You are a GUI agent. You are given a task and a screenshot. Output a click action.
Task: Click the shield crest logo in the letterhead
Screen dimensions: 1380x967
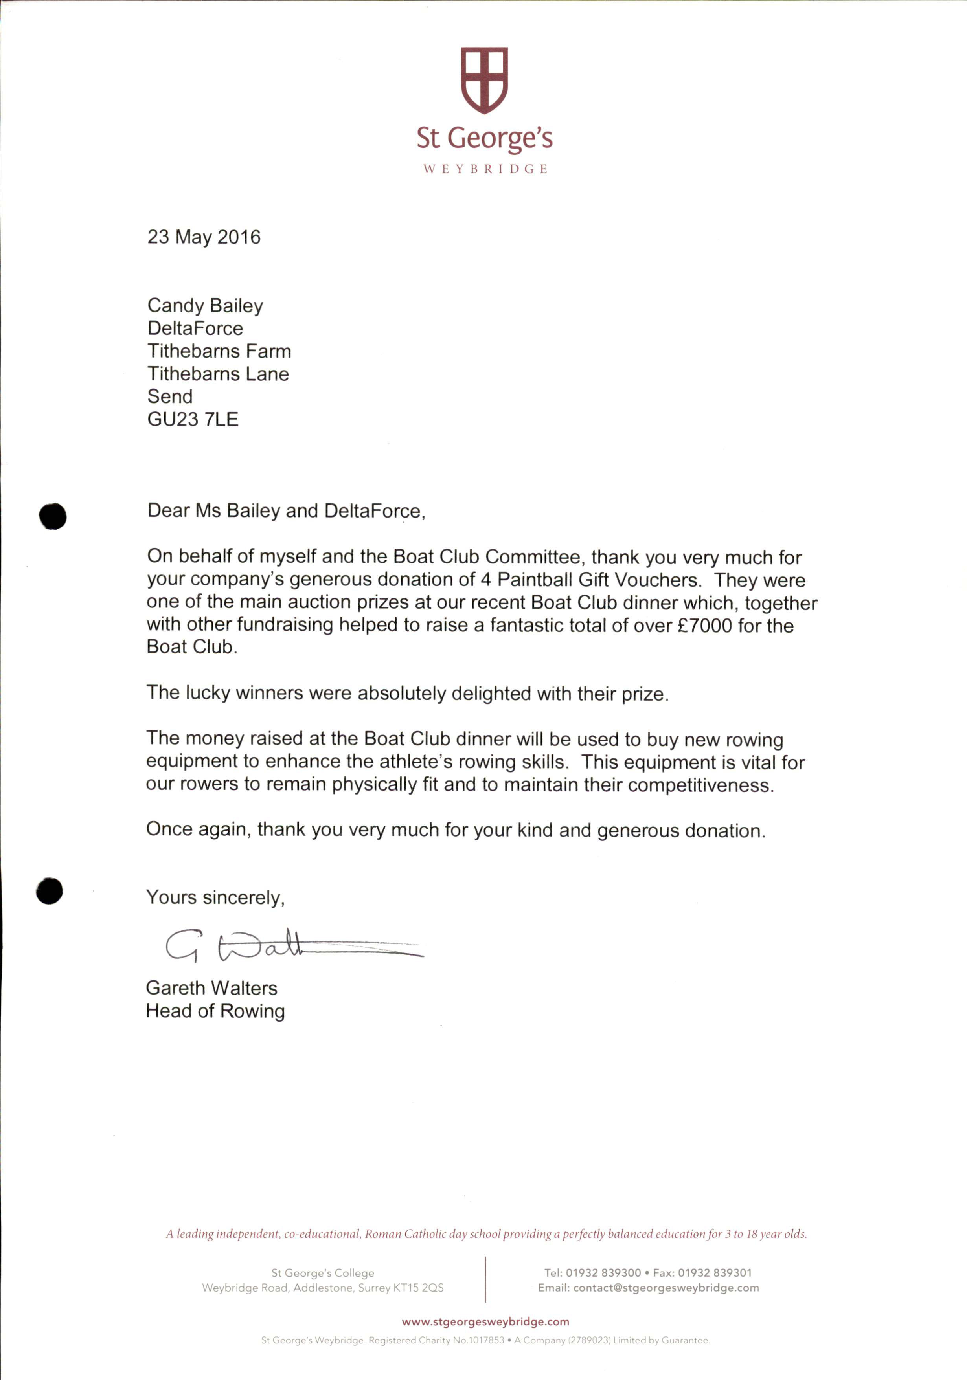tap(484, 80)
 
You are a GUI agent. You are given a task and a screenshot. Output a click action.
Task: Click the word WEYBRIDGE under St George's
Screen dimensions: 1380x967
tap(485, 169)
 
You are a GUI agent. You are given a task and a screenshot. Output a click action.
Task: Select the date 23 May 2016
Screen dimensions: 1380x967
tap(204, 237)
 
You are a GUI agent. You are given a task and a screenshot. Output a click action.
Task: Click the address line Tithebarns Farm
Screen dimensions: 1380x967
tap(219, 351)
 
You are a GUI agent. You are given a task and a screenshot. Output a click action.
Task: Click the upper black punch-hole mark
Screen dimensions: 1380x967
tap(53, 516)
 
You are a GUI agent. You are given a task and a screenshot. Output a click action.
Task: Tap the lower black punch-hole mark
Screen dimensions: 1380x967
tap(49, 890)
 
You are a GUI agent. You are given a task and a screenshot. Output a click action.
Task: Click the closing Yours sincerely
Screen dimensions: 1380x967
tap(215, 897)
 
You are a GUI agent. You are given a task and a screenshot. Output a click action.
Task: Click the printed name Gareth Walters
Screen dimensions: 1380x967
tap(212, 988)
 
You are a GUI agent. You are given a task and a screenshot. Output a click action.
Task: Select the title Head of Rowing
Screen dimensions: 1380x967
tap(215, 1011)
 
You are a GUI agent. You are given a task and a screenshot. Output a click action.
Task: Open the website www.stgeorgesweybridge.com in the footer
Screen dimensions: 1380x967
tap(485, 1322)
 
